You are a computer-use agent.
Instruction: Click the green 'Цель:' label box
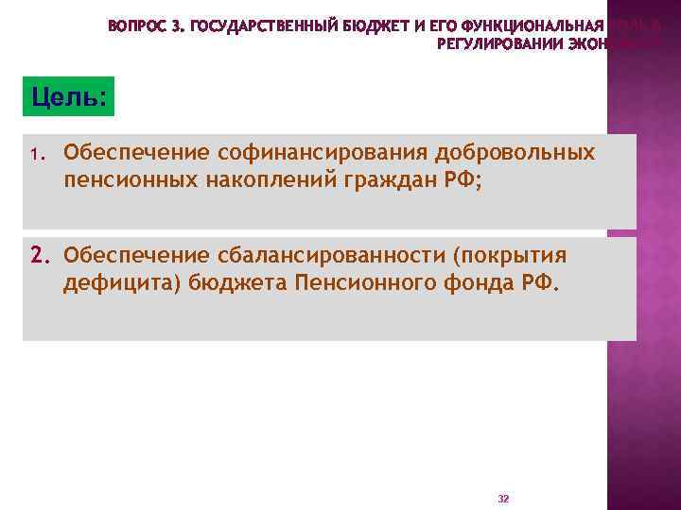tap(68, 96)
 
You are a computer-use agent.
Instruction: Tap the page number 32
tap(503, 497)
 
